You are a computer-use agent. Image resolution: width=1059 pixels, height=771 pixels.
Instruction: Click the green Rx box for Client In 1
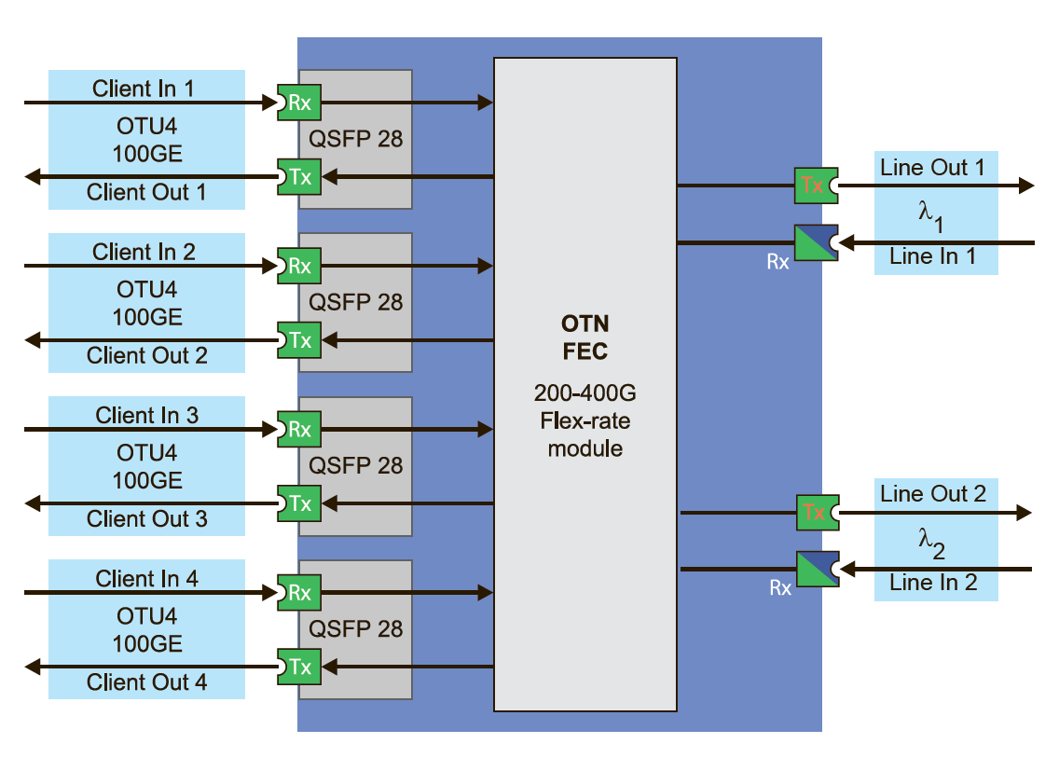[x=299, y=103]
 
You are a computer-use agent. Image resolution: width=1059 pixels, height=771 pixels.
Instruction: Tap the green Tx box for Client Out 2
[x=299, y=340]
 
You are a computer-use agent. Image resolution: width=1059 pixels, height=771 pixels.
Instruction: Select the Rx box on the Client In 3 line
[x=299, y=430]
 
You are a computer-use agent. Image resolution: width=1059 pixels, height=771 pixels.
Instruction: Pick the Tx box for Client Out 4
[x=299, y=667]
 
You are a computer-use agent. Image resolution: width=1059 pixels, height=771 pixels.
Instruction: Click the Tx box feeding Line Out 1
[x=814, y=186]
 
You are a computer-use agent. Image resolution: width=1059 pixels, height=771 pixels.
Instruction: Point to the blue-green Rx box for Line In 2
[x=818, y=569]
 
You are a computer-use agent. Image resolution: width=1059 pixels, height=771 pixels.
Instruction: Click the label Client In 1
[x=144, y=89]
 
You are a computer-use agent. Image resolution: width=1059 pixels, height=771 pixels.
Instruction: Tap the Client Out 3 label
[x=147, y=519]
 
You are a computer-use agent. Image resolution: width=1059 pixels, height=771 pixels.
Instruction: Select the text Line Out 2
[x=933, y=494]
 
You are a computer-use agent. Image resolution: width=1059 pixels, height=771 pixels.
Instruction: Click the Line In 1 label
[x=933, y=256]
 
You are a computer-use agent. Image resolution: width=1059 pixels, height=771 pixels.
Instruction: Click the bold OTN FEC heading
[x=585, y=337]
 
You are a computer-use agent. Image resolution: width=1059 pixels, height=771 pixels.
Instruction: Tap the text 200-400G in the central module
[x=585, y=394]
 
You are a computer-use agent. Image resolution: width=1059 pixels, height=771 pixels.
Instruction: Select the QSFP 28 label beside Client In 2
[x=356, y=302]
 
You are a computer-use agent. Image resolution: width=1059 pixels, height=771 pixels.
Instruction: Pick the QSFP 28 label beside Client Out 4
[x=356, y=628]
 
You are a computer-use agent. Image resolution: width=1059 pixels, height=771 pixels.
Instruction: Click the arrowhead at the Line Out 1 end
[x=1026, y=186]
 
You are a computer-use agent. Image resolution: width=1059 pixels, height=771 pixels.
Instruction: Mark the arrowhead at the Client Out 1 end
[x=33, y=176]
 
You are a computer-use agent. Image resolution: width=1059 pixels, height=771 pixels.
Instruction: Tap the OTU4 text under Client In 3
[x=146, y=453]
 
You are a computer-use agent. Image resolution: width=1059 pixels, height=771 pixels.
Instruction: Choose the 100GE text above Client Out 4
[x=147, y=644]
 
